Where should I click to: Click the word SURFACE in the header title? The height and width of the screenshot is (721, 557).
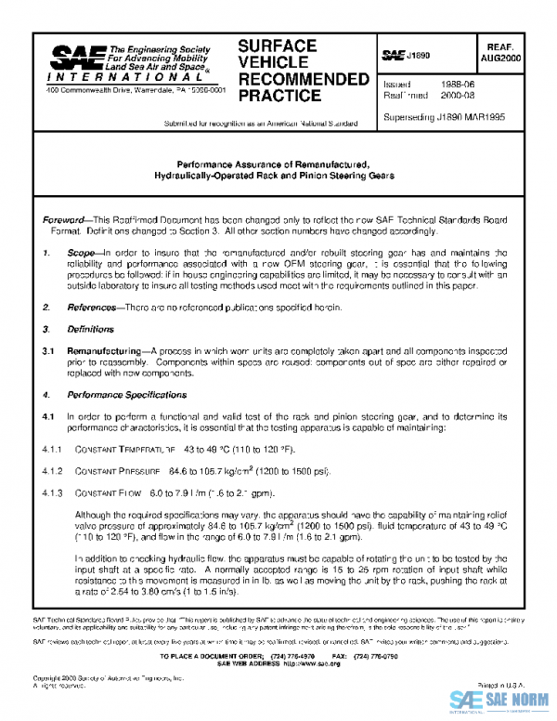click(x=277, y=46)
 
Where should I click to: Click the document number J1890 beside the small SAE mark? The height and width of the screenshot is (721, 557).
click(x=420, y=56)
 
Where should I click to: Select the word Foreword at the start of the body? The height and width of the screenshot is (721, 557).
click(x=66, y=219)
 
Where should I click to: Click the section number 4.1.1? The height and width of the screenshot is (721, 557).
click(x=50, y=449)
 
